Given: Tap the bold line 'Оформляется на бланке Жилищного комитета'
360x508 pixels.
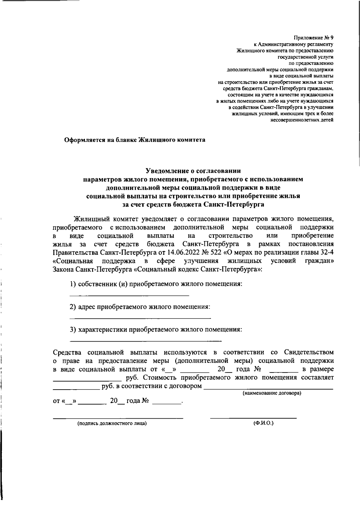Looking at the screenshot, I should click(135, 140).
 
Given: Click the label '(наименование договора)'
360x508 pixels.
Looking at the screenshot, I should click(272, 393).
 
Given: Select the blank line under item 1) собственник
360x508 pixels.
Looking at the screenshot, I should click(129, 296).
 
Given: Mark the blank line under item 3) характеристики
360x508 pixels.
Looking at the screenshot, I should click(145, 341).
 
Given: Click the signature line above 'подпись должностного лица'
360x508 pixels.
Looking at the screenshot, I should click(118, 418).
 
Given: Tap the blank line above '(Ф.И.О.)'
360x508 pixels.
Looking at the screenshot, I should click(253, 418).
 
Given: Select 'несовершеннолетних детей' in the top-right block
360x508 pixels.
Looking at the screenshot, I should click(302, 120).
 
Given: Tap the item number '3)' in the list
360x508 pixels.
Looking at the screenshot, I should click(73, 330).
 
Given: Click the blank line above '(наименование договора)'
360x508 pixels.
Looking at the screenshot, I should click(268, 389).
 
